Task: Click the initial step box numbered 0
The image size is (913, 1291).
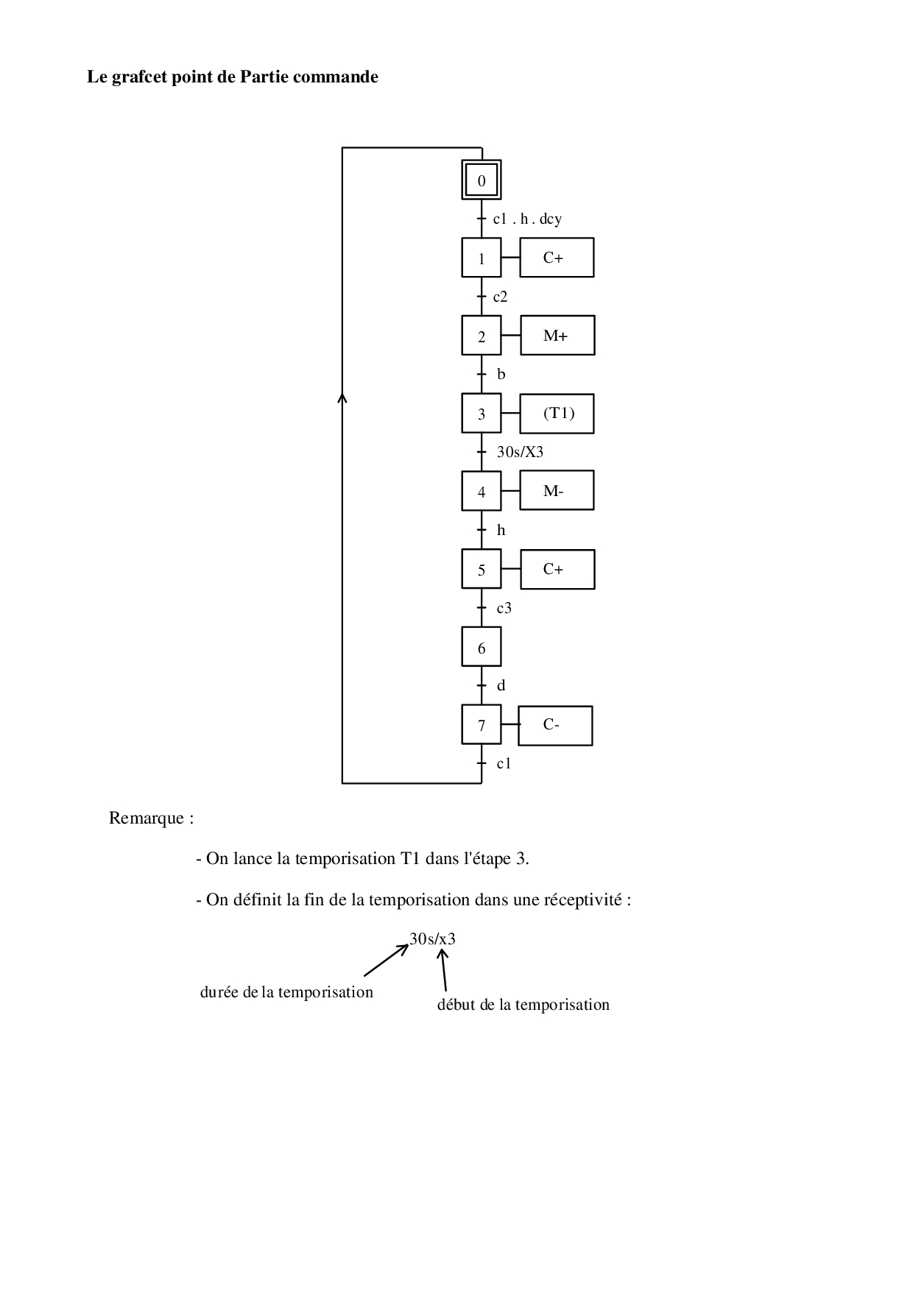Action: coord(482,180)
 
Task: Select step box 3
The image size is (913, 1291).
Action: coord(482,414)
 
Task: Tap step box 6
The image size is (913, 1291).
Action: coord(482,648)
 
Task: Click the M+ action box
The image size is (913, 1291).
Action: coord(557,336)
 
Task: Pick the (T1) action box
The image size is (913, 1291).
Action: coord(557,414)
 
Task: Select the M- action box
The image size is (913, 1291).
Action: coord(557,491)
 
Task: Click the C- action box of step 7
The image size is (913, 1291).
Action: coord(555,725)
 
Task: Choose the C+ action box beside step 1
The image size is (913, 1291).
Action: coord(557,258)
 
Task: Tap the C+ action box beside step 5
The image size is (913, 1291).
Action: coord(557,569)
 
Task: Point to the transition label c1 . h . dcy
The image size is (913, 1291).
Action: coord(527,219)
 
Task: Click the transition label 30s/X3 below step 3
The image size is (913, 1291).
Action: coord(520,452)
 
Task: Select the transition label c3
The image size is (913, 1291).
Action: coord(504,608)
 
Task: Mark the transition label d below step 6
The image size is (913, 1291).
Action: coord(501,686)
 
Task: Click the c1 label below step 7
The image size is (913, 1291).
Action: coord(504,763)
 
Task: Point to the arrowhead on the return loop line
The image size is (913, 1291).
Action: coord(342,398)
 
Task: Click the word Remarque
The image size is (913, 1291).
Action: coord(147,818)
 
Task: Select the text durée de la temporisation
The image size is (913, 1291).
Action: coord(286,992)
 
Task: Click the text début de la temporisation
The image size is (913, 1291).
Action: coord(523,1005)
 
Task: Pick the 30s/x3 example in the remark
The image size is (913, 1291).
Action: coord(432,939)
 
